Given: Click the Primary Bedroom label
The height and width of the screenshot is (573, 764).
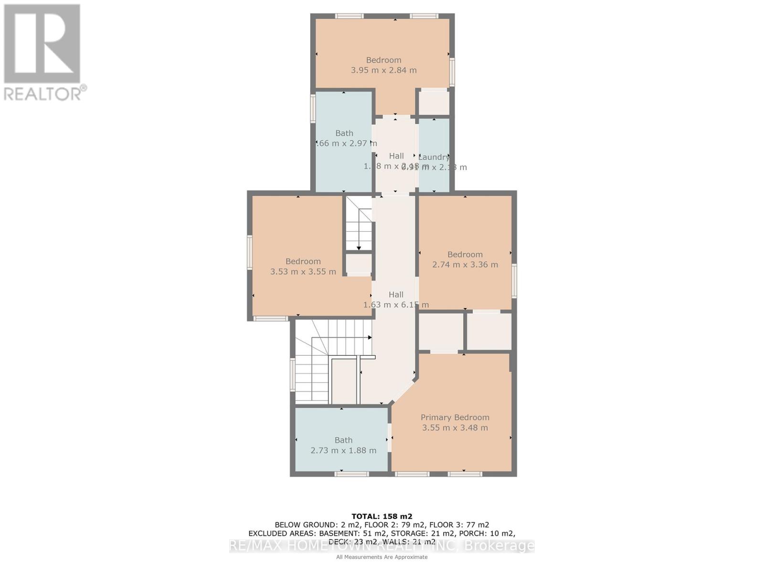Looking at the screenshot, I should [x=455, y=417].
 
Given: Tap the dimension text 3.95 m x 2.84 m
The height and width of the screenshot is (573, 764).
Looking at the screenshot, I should [x=383, y=70].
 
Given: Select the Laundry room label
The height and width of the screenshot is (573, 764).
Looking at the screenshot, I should [x=434, y=157].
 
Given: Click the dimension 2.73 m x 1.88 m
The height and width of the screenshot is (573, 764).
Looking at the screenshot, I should [x=343, y=450].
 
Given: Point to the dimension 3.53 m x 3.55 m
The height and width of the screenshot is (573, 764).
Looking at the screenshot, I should [x=303, y=272].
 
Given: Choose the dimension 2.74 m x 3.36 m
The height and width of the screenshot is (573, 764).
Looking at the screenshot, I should [x=465, y=265].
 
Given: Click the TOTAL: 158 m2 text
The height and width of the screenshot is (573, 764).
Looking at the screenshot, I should [x=382, y=516].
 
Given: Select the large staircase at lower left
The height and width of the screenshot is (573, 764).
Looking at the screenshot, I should [x=325, y=363].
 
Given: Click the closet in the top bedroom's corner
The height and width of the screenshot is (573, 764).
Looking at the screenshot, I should [x=434, y=102].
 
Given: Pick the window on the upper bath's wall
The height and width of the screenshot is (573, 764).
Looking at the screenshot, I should [x=313, y=108].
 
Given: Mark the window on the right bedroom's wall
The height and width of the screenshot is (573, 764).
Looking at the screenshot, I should [x=514, y=281].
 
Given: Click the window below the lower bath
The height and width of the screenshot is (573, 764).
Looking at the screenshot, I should [x=351, y=474].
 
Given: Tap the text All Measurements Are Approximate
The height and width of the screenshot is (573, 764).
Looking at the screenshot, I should [x=382, y=557].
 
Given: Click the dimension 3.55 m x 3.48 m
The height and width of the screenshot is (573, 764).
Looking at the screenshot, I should [x=455, y=428].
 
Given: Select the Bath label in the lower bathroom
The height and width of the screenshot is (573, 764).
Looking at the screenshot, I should [x=343, y=440].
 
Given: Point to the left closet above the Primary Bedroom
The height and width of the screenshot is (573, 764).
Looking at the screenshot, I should [x=441, y=332].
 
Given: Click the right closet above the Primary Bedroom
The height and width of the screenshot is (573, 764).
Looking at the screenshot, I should [x=489, y=332].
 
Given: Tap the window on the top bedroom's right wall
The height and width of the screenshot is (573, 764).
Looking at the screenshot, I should [x=452, y=72].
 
